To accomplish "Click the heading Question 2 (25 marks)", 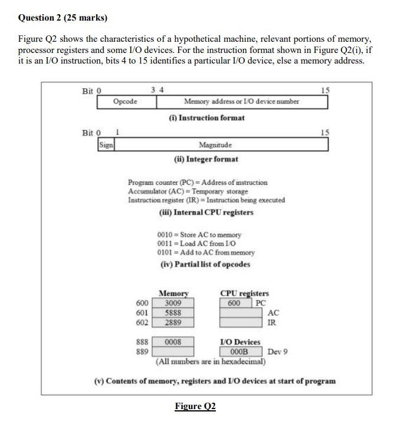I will point(63,18).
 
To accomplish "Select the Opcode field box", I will point(126,102).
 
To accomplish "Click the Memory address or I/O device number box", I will point(241,102).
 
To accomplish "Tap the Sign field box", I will point(106,145).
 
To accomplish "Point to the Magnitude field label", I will point(215,145).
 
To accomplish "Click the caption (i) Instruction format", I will point(206,118).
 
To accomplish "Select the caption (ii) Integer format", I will point(206,159).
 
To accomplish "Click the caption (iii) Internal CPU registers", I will point(206,213).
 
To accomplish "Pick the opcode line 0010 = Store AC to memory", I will point(199,235).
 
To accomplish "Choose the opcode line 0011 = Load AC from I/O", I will point(196,244).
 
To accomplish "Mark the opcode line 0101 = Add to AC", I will point(206,253).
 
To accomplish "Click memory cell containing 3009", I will point(173,303).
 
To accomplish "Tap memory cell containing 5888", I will point(173,313).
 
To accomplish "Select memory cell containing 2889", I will point(173,323).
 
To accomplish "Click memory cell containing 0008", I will point(173,342).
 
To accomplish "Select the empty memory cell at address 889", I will point(173,351).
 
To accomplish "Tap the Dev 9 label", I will point(277,352).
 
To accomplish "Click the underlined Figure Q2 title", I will point(195,407).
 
